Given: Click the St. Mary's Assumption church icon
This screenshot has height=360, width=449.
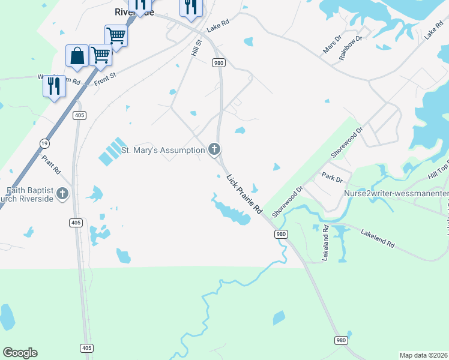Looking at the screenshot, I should coord(214,150).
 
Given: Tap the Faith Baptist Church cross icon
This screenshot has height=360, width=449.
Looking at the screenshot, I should coord(63,193).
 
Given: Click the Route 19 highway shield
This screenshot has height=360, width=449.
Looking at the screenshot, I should coord(44,143).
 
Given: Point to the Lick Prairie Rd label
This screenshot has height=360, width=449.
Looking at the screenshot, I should coord(244,194).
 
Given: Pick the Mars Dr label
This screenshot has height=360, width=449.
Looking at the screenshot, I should coord(332,44).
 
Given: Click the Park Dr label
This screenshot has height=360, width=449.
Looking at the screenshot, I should coord(331,178).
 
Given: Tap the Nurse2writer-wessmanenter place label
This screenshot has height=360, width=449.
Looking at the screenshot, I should coord(396,194).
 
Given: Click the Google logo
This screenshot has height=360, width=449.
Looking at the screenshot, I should coord(20,353).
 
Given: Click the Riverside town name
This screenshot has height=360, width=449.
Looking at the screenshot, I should coord(134,12).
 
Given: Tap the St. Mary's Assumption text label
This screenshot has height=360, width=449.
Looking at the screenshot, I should coord(163,150).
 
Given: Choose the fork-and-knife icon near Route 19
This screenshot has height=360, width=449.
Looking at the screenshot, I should coord(53,86).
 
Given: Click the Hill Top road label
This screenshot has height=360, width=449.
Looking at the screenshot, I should coord(438,173).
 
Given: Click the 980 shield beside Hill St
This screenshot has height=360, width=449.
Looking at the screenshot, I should coord(218,62).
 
